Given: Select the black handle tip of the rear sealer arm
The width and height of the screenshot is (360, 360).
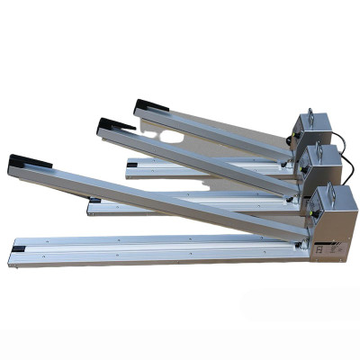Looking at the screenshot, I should [x=145, y=105].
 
